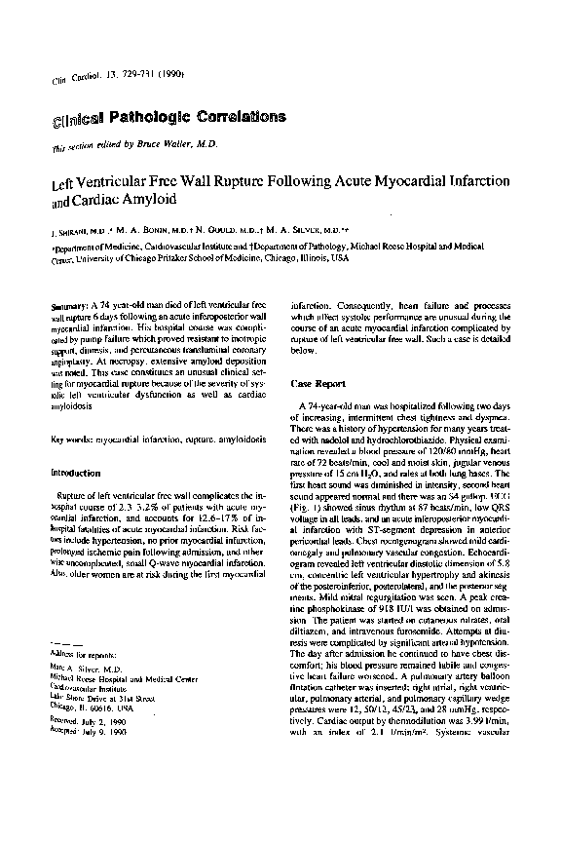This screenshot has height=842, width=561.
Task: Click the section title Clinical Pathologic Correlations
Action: pos(168,118)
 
